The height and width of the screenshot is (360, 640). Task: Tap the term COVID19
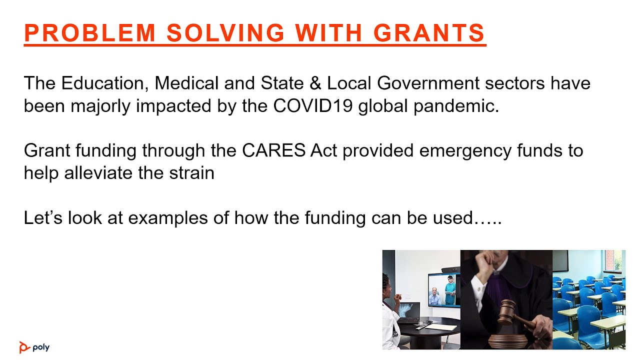pos(315,106)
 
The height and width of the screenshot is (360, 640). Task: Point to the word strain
pos(192,173)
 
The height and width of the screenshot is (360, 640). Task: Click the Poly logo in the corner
pos(34,347)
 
